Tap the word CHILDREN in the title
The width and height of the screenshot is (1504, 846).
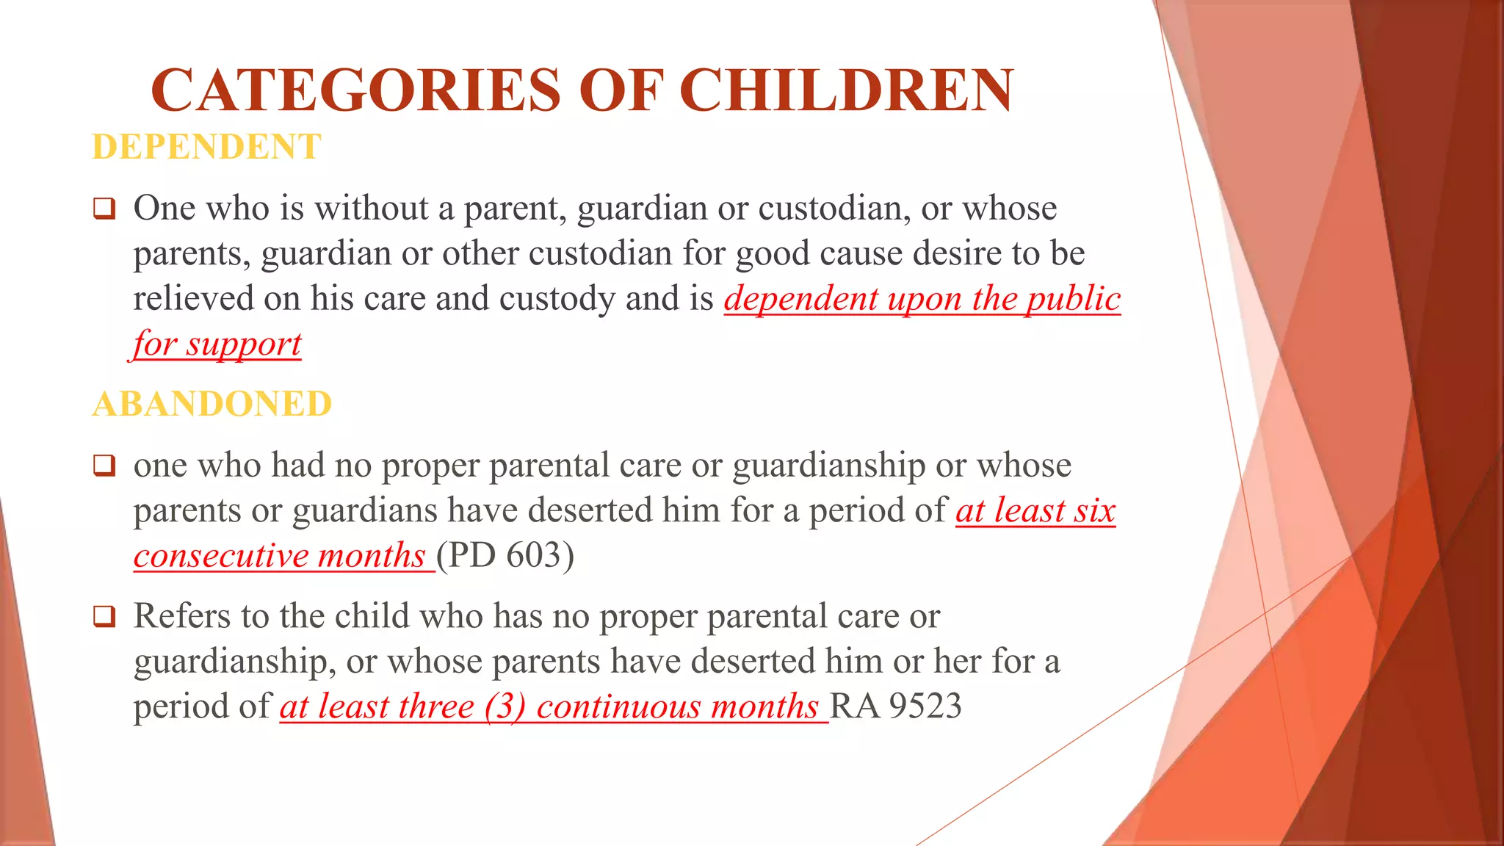click(x=846, y=90)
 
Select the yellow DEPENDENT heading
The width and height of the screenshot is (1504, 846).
click(x=206, y=147)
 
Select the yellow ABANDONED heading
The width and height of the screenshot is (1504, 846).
click(x=212, y=404)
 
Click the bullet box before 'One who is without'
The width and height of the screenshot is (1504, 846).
click(x=104, y=209)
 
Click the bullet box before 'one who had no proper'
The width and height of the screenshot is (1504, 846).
click(x=104, y=466)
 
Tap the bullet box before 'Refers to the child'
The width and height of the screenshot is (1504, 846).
click(x=104, y=617)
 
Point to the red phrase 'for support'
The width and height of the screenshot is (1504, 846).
click(x=217, y=344)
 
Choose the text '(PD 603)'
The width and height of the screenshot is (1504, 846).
click(x=505, y=555)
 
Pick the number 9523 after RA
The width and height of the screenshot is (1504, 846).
click(x=925, y=706)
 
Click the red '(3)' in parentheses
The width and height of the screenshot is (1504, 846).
click(x=505, y=706)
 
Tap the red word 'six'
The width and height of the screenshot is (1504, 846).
click(x=1094, y=510)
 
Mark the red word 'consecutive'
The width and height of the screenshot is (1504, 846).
click(x=220, y=556)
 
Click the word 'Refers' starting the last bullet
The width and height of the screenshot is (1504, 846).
click(x=181, y=615)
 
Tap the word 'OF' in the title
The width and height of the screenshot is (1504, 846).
click(x=621, y=90)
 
